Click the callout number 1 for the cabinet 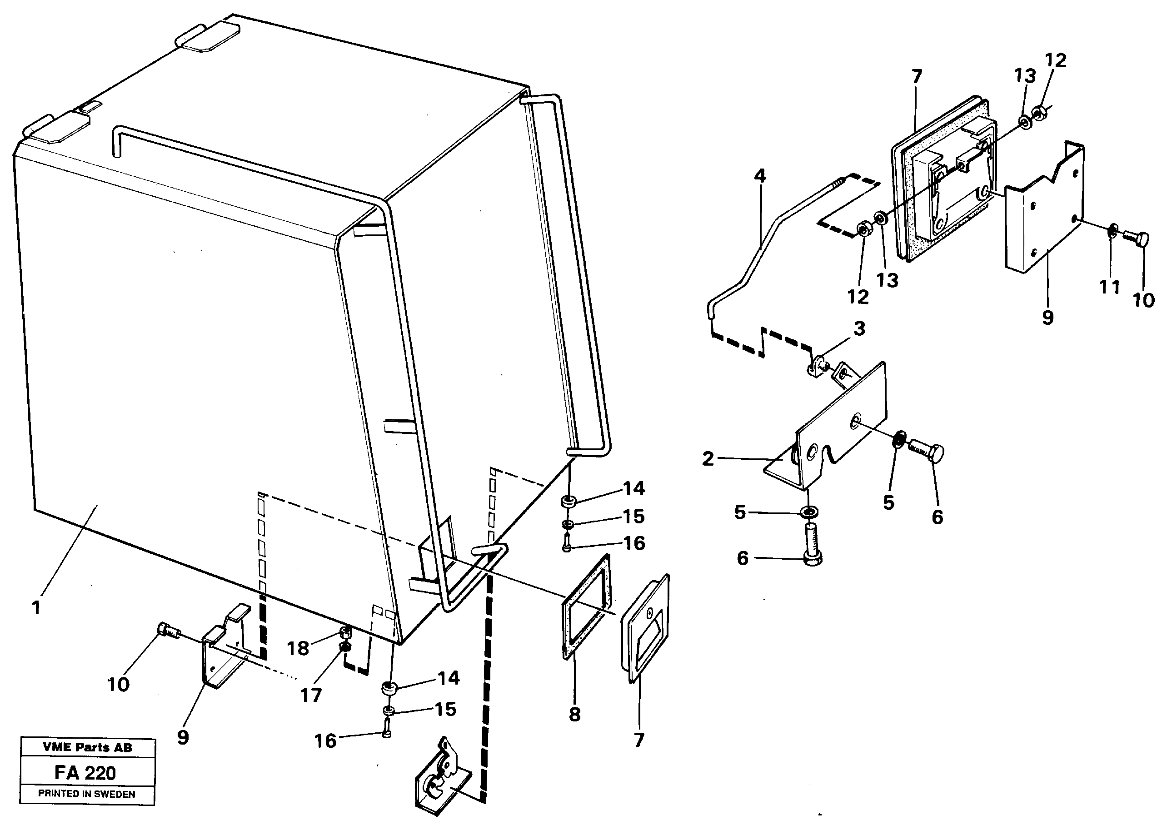pos(36,607)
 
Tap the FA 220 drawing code pos(85,773)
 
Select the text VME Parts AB pos(87,747)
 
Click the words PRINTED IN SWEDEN pos(87,794)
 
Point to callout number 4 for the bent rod pos(759,176)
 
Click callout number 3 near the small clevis pos(859,328)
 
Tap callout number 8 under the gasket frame pos(575,715)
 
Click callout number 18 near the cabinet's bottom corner pos(298,648)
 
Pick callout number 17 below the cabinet pos(310,695)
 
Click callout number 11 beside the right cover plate pos(1109,288)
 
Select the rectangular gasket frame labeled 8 pos(587,607)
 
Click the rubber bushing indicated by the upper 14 pos(568,502)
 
